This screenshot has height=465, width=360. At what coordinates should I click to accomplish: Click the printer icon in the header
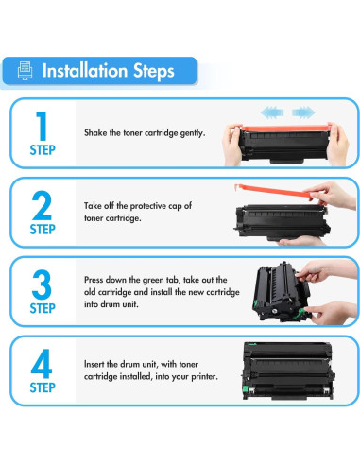[26, 71]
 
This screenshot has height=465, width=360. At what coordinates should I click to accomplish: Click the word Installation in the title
[85, 70]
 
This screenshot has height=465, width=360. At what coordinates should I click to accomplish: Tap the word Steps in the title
[154, 71]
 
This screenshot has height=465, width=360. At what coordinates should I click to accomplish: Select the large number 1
[42, 127]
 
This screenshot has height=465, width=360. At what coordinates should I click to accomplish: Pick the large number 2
[42, 205]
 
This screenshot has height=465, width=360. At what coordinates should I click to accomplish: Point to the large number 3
[42, 284]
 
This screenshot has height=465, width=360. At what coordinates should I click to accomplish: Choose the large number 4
[42, 364]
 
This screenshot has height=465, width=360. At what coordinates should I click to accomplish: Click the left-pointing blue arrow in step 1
[272, 112]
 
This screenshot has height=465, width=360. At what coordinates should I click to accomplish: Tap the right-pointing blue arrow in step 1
[303, 112]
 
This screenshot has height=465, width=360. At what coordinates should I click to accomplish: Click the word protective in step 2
[148, 206]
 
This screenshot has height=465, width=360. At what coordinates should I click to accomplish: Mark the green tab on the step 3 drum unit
[300, 314]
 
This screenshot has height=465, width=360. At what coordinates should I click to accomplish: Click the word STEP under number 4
[43, 387]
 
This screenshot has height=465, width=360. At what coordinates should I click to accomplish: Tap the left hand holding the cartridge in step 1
[232, 145]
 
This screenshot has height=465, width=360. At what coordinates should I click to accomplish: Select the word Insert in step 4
[94, 364]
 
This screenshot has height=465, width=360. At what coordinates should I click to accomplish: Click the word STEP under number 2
[43, 229]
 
